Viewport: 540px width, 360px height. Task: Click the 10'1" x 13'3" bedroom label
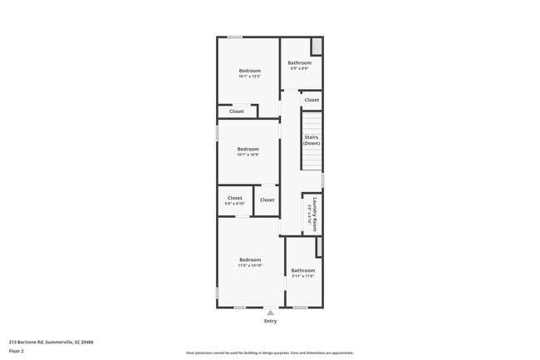pyautogui.click(x=249, y=73)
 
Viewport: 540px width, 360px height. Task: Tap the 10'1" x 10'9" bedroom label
pyautogui.click(x=248, y=151)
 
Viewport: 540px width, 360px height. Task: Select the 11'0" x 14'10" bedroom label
pyautogui.click(x=250, y=262)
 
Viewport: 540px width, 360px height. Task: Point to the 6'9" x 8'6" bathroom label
pyautogui.click(x=299, y=65)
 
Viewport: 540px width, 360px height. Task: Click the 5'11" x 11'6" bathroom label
pyautogui.click(x=302, y=272)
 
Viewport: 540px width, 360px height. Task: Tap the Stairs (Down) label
pyautogui.click(x=312, y=141)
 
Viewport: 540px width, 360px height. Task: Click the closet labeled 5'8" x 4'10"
pyautogui.click(x=234, y=200)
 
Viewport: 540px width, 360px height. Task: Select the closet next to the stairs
pyautogui.click(x=312, y=100)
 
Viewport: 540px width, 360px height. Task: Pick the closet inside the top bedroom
pyautogui.click(x=237, y=111)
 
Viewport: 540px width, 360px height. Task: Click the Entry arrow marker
pyautogui.click(x=270, y=313)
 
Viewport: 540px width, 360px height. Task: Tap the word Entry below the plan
pyautogui.click(x=270, y=321)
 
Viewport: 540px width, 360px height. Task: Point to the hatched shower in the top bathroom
pyautogui.click(x=317, y=46)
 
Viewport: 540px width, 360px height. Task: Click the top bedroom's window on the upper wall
pyautogui.click(x=235, y=37)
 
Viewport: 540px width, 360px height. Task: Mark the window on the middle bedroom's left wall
pyautogui.click(x=218, y=133)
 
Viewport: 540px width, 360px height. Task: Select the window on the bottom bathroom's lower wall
pyautogui.click(x=300, y=308)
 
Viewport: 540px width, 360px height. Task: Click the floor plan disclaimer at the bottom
pyautogui.click(x=270, y=353)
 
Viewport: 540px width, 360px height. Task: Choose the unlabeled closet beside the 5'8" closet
pyautogui.click(x=267, y=200)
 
